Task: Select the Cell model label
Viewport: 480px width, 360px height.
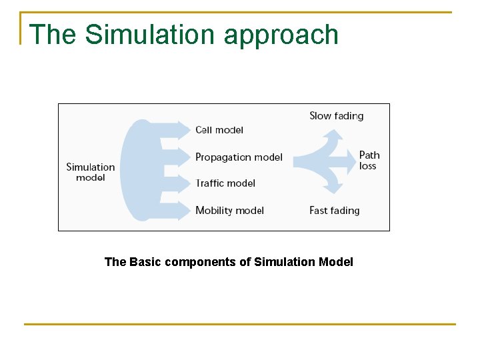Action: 219,130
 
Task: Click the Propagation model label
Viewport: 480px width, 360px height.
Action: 239,157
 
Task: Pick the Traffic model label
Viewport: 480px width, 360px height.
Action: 225,183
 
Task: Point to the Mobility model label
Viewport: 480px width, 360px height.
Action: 229,211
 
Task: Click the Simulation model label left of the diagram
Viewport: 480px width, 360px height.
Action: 90,172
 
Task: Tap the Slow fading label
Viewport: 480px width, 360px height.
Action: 336,116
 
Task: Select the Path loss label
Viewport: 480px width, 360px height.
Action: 369,161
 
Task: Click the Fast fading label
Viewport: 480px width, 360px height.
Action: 334,211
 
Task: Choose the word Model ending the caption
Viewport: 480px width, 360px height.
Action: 336,262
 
